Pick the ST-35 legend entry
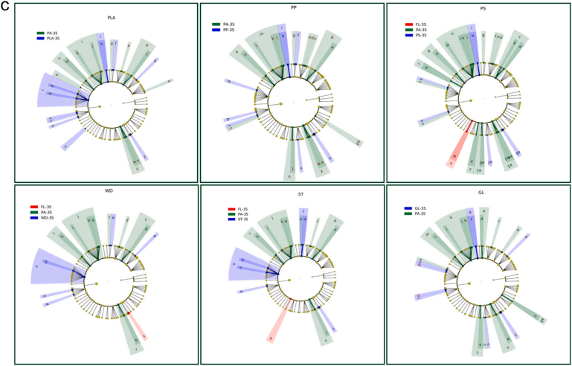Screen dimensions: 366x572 point(238,219)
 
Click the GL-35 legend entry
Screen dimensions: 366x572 point(420,208)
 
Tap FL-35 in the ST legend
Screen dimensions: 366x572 point(238,208)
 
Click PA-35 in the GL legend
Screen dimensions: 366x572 point(420,214)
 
